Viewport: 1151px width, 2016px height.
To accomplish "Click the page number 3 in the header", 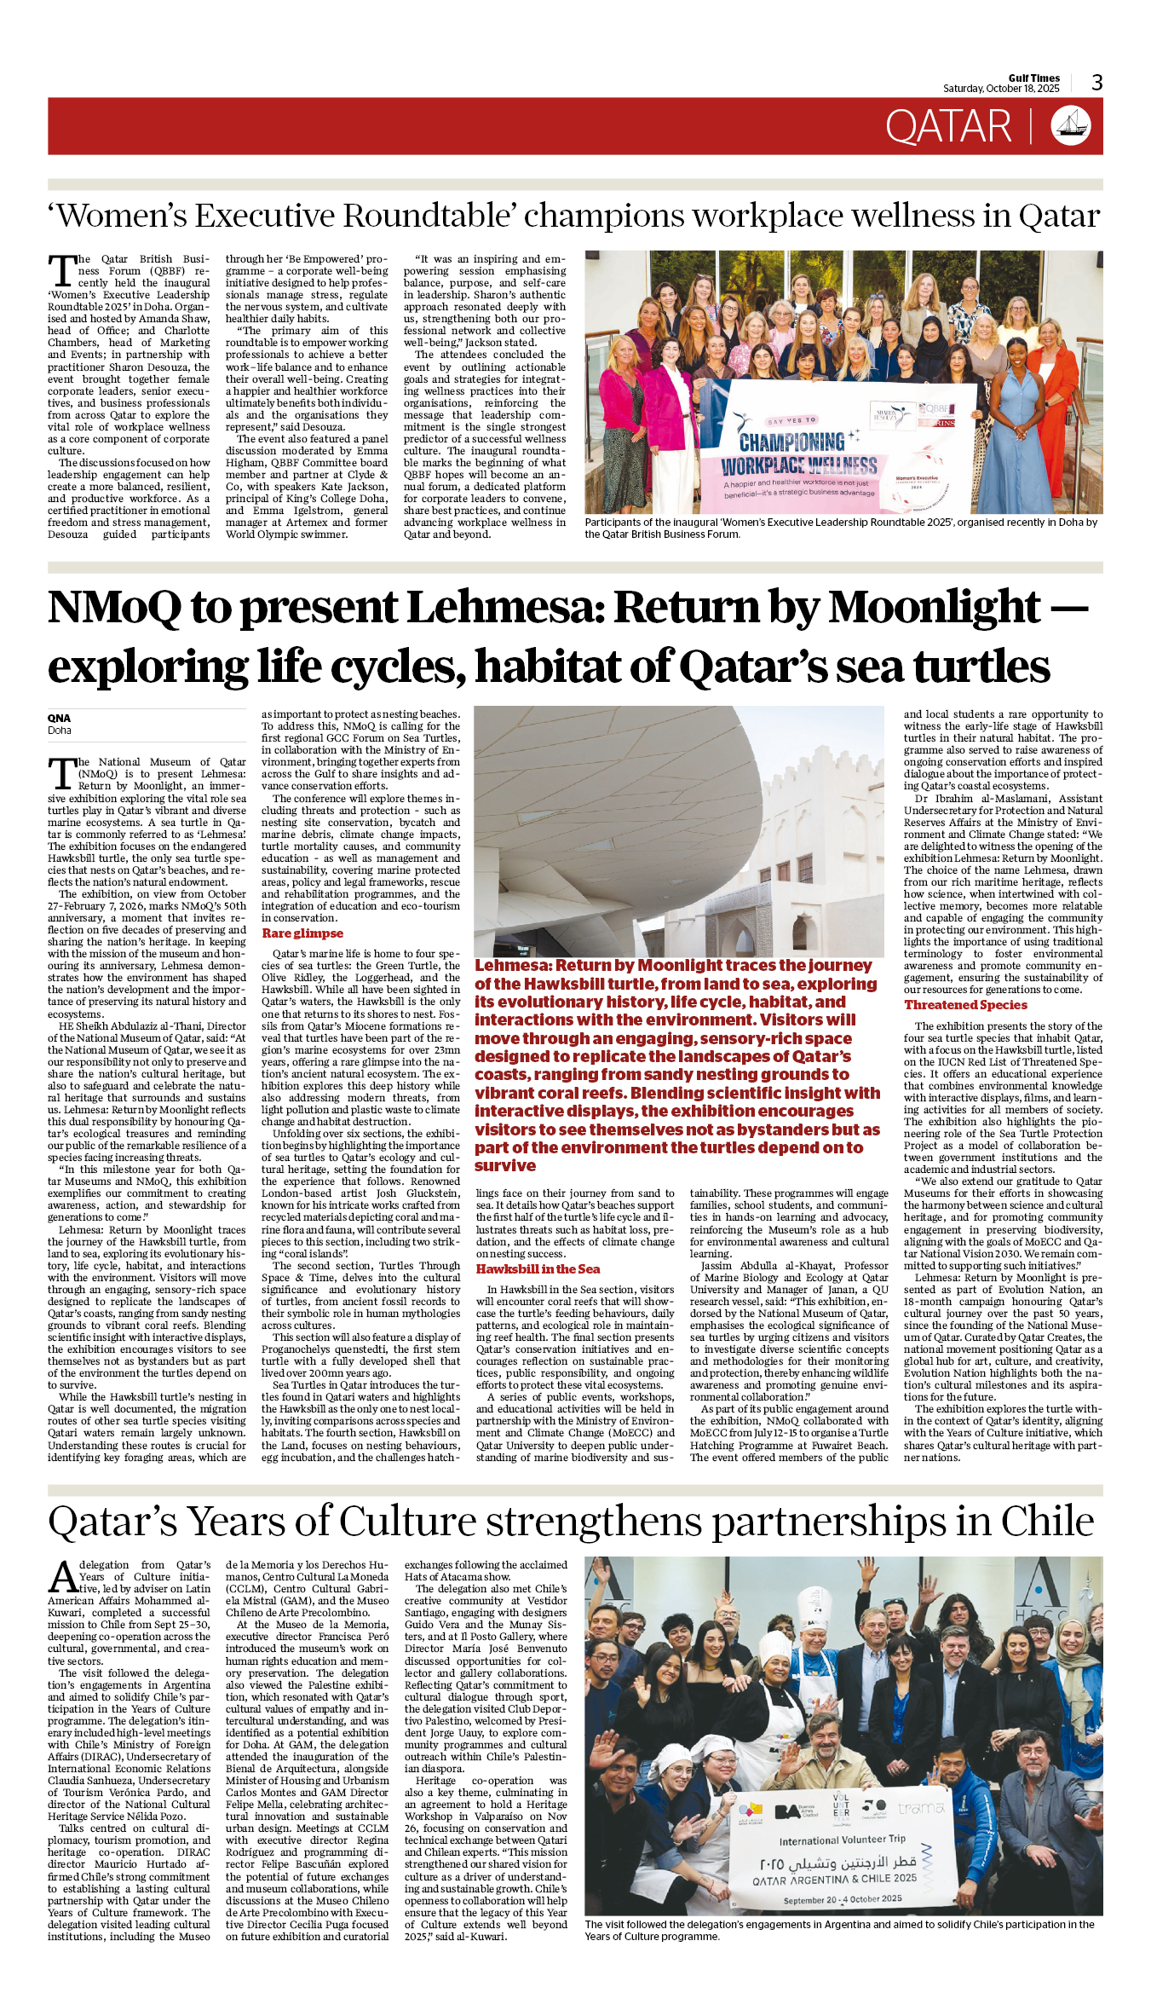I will tap(1096, 83).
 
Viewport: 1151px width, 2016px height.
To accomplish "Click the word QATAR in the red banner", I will tap(947, 127).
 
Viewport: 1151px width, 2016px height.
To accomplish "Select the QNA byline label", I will tap(59, 718).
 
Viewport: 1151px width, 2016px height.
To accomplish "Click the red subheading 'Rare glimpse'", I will tap(302, 933).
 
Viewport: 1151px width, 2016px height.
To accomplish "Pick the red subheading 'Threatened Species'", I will tap(965, 1005).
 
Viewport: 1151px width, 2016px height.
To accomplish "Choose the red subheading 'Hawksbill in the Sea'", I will tap(538, 1268).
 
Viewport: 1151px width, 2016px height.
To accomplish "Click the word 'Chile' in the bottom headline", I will tap(1046, 1522).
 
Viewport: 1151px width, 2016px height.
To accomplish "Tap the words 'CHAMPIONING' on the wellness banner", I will tap(791, 442).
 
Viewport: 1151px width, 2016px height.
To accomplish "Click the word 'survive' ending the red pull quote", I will tap(505, 1165).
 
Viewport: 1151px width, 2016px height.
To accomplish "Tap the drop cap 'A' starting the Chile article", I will tap(63, 1578).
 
